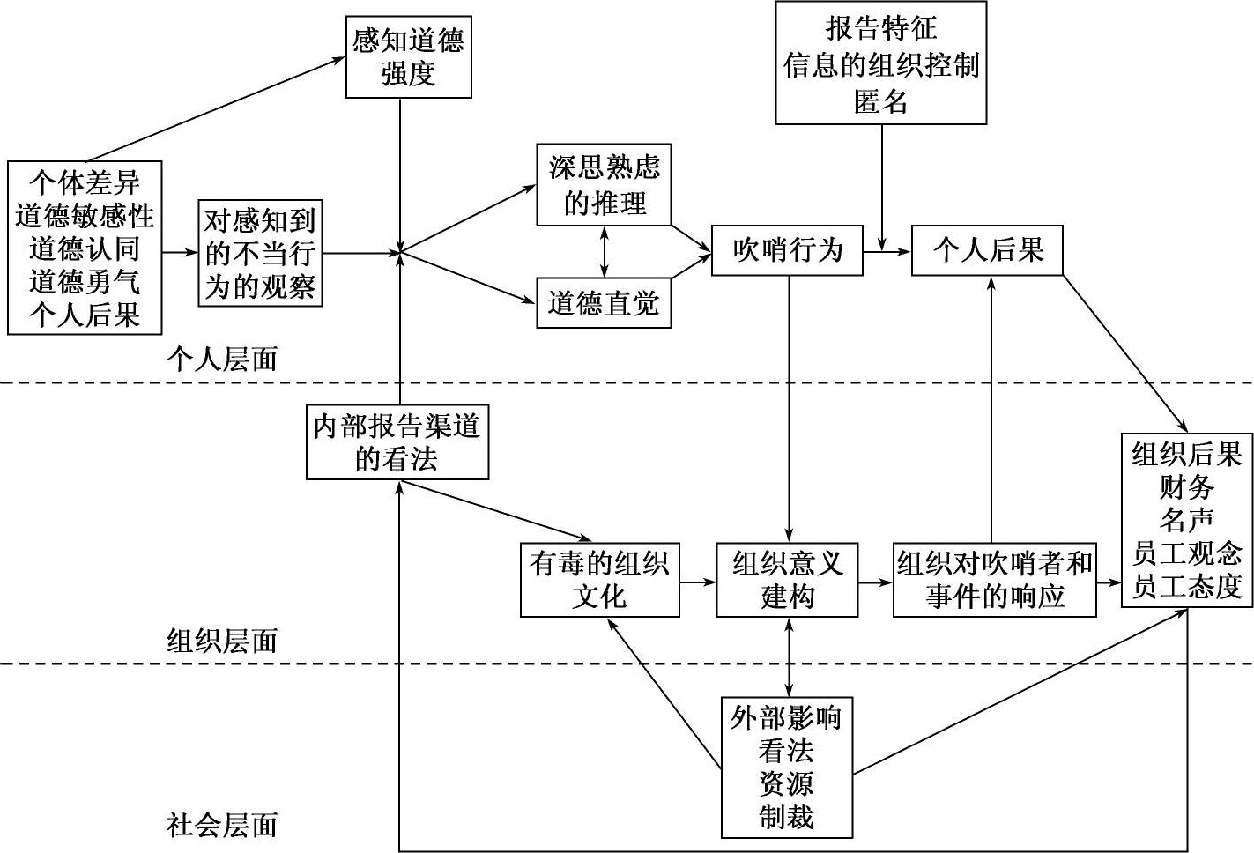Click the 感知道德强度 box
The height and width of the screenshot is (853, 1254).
[x=409, y=56]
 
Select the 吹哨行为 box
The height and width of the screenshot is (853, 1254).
[x=787, y=251]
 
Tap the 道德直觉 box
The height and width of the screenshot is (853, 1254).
[x=604, y=304]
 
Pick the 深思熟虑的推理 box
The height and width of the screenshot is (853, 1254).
[x=604, y=185]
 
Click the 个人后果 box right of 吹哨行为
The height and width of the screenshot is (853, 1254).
[x=987, y=251]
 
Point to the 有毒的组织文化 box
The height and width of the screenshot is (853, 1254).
[x=599, y=580]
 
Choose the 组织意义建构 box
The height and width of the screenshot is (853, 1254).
[x=787, y=580]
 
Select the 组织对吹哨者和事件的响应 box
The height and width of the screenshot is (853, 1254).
[x=995, y=580]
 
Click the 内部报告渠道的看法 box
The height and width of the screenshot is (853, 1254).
[x=397, y=442]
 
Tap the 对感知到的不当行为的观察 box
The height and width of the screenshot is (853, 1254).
[x=260, y=253]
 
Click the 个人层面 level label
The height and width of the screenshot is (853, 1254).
[x=222, y=360]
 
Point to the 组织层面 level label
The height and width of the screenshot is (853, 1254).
[x=222, y=641]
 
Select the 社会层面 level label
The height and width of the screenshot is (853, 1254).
[x=222, y=826]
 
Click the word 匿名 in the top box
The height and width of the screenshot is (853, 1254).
[x=880, y=101]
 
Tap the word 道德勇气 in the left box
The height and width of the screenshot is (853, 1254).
[x=85, y=282]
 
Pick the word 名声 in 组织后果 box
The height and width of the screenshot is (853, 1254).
[x=1186, y=520]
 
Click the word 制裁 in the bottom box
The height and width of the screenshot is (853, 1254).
[x=787, y=817]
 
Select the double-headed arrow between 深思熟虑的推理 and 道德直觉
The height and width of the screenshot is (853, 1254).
[x=604, y=252]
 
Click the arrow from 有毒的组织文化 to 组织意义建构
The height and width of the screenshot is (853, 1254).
[x=698, y=582]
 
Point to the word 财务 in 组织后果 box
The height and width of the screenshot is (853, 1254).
[x=1186, y=487]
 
